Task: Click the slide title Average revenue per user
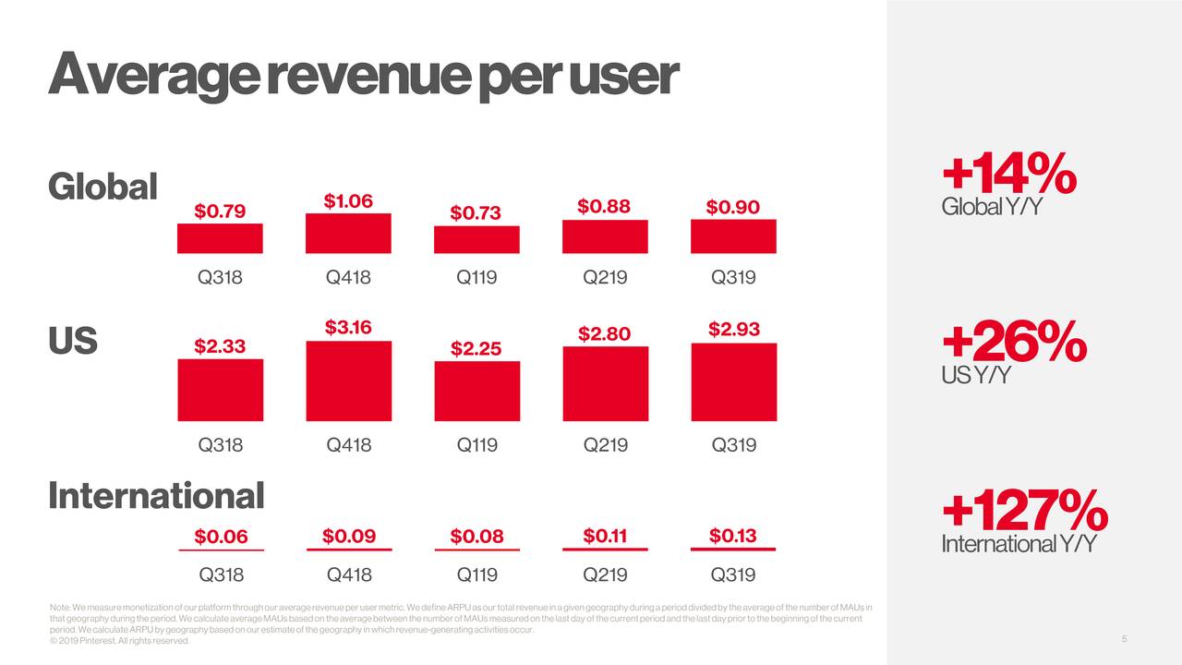tap(364, 77)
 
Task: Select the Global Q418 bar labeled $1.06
tap(348, 234)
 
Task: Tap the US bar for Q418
tap(348, 381)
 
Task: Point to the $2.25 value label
tap(476, 348)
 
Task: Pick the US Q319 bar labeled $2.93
tap(733, 382)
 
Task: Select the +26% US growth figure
tap(1013, 342)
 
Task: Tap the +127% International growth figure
tap(1024, 510)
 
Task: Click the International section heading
tap(155, 496)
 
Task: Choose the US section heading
tap(73, 342)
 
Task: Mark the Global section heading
tap(103, 187)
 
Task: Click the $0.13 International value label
tap(733, 536)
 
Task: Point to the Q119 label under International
tap(477, 575)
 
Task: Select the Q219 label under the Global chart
tap(605, 278)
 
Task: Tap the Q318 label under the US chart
tap(221, 445)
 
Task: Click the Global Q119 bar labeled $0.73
tap(476, 240)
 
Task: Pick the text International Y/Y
tap(1018, 545)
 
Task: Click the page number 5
tap(1125, 640)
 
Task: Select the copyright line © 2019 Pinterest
tap(119, 641)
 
